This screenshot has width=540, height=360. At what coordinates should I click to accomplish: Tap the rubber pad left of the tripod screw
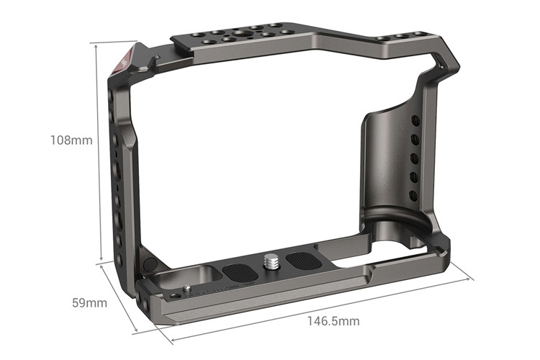(x=238, y=273)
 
